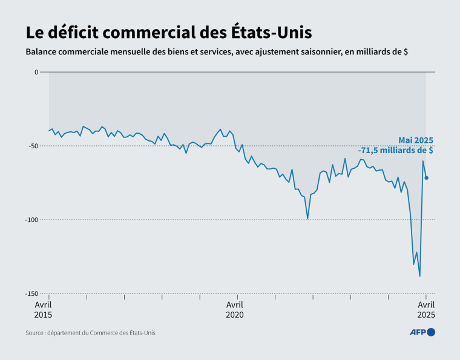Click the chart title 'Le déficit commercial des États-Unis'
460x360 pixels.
[x=169, y=31]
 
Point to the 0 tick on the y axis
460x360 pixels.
[x=36, y=72]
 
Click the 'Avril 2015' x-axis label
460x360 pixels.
[x=43, y=310]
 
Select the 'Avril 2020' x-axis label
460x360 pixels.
[x=235, y=310]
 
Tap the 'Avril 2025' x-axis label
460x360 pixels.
[x=426, y=310]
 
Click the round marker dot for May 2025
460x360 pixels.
[x=427, y=178]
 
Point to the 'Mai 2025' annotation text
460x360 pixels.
[x=415, y=140]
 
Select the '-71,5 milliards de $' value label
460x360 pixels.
[x=395, y=151]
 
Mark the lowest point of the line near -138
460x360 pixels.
[x=420, y=277]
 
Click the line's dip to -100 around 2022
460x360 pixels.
[x=307, y=219]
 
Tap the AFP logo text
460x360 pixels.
[x=417, y=332]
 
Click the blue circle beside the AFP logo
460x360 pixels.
[x=431, y=332]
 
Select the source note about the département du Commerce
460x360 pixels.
[x=90, y=333]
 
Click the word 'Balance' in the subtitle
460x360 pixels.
[x=42, y=52]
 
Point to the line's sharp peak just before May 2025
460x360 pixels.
[x=423, y=161]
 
